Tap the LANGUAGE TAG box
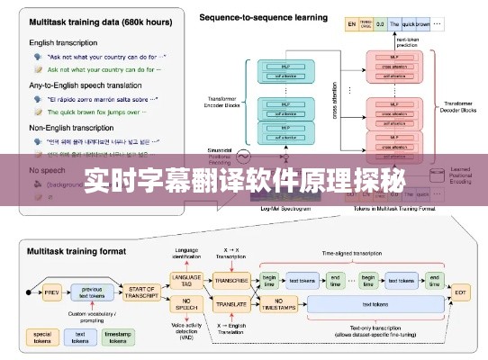click(185, 280)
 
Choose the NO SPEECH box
click(185, 306)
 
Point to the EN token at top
click(351, 23)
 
